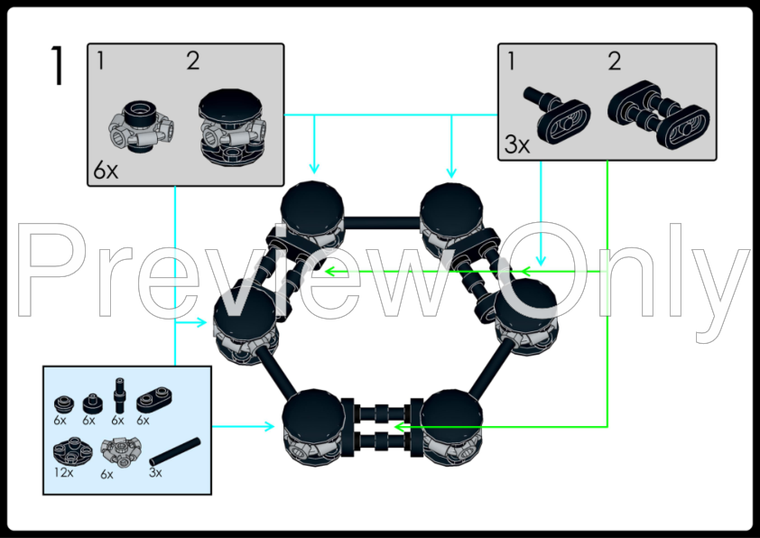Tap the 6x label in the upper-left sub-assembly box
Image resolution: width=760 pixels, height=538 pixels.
tap(106, 171)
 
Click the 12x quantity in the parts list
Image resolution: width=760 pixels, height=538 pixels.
tap(62, 470)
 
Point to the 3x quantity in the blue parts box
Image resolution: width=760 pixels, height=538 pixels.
tap(155, 471)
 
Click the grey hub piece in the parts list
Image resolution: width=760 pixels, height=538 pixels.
tap(118, 449)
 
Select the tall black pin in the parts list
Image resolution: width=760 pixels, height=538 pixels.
tap(118, 395)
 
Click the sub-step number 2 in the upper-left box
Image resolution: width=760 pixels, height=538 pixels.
tap(193, 61)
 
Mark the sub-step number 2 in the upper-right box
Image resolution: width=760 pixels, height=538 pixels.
tap(614, 62)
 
